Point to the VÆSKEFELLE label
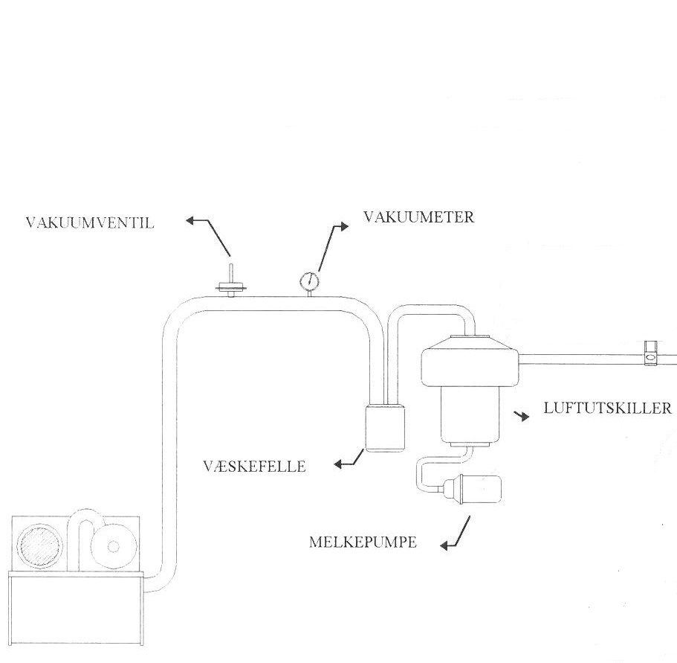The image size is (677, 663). (x=254, y=467)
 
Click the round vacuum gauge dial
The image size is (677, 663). (x=308, y=281)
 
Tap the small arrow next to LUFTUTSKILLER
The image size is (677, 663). (x=525, y=417)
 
